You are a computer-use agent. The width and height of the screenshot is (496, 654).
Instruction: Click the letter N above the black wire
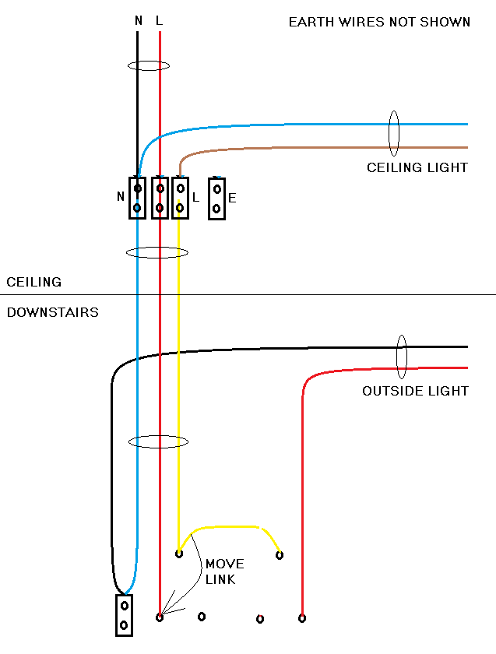(x=138, y=21)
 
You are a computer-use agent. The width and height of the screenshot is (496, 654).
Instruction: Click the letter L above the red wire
(x=159, y=21)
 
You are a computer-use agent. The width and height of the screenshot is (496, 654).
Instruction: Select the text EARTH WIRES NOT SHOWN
(x=379, y=22)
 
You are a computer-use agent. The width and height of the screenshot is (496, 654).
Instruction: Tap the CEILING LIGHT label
(x=417, y=167)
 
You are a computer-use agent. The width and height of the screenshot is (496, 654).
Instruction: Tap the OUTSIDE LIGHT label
(x=415, y=391)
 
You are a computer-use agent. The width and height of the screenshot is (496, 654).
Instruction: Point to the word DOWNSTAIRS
(x=52, y=312)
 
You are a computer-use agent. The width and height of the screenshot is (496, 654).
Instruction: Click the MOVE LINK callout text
(x=224, y=571)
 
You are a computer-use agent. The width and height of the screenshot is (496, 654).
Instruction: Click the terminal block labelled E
(x=217, y=199)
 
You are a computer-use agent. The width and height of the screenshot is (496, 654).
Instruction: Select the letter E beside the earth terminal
(x=232, y=199)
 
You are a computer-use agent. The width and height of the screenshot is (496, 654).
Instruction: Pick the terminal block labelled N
(x=137, y=198)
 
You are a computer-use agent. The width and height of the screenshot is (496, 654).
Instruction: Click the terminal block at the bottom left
(x=124, y=615)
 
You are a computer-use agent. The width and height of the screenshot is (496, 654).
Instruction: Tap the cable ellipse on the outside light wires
(x=402, y=356)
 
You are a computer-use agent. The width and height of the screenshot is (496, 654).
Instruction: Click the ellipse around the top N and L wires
(x=149, y=65)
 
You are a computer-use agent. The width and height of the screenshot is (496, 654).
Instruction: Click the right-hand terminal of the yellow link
(x=280, y=555)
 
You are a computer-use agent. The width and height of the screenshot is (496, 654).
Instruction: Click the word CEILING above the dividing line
(x=33, y=282)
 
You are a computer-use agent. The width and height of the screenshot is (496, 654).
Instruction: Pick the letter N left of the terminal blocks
(x=121, y=197)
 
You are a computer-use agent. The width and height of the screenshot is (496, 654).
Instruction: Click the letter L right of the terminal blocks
(x=195, y=198)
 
